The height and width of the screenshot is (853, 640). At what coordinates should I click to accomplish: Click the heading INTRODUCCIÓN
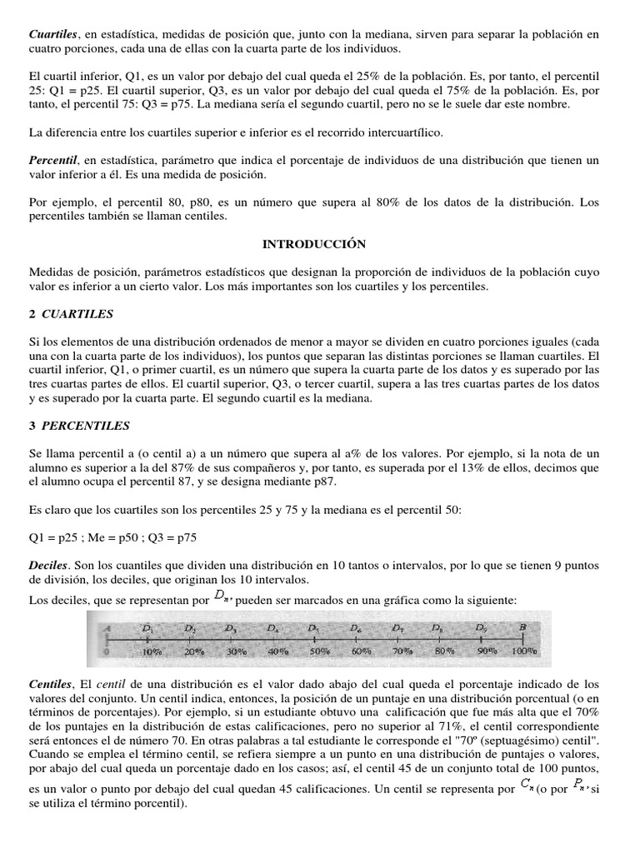click(314, 244)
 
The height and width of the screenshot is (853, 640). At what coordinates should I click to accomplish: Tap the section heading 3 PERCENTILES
click(79, 425)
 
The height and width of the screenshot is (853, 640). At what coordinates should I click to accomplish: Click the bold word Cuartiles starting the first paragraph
click(53, 34)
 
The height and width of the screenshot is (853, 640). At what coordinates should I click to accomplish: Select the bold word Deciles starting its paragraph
click(49, 565)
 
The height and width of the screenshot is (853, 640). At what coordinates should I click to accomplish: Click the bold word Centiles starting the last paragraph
click(52, 683)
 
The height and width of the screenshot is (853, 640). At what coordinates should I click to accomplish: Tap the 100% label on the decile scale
click(524, 651)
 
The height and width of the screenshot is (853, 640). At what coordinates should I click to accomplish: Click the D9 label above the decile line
click(481, 627)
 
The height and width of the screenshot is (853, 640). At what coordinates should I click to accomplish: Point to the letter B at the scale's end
click(522, 627)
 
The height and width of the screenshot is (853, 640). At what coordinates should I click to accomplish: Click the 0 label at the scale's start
click(106, 651)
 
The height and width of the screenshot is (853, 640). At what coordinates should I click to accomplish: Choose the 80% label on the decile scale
click(444, 651)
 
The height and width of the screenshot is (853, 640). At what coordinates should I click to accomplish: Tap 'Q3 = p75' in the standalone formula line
click(172, 537)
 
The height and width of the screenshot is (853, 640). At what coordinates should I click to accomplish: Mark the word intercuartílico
click(396, 132)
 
